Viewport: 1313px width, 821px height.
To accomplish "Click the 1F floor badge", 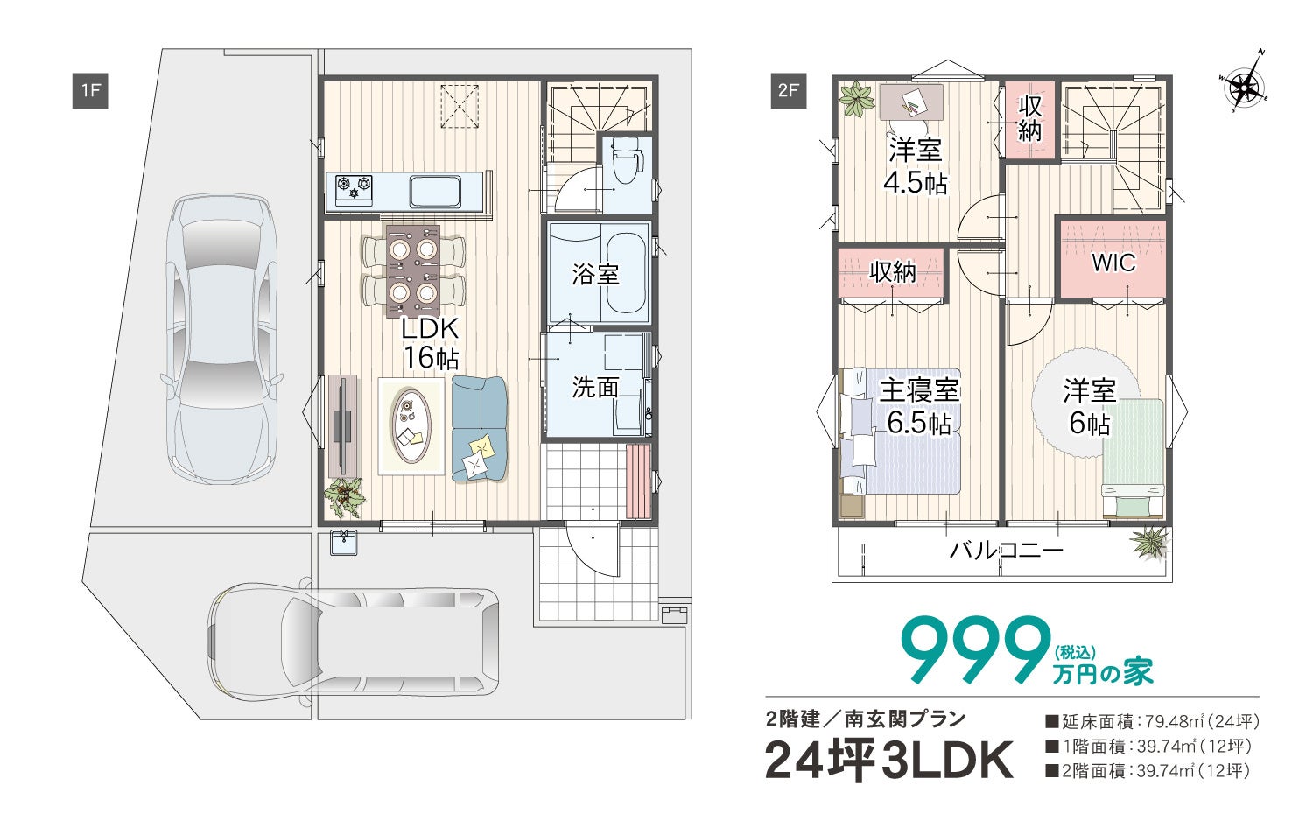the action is click(90, 91).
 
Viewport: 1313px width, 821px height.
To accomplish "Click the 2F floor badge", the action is click(789, 91).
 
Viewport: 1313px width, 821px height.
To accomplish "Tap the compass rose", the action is click(1243, 88).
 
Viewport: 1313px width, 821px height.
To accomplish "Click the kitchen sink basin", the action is click(435, 191).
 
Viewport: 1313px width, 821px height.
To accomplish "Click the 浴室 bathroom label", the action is click(595, 274).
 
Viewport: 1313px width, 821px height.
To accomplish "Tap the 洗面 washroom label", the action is click(595, 388).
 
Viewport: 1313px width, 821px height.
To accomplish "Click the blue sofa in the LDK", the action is click(480, 429).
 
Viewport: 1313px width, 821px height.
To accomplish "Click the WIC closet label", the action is click(1113, 263).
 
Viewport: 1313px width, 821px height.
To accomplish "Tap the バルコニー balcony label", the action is click(1006, 551).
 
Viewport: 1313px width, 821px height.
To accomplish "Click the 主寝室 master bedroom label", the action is click(918, 390).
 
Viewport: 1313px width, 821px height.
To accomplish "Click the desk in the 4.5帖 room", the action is click(911, 102).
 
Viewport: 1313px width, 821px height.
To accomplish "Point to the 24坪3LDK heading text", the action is click(889, 760).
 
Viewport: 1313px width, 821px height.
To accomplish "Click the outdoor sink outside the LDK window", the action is click(343, 543).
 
